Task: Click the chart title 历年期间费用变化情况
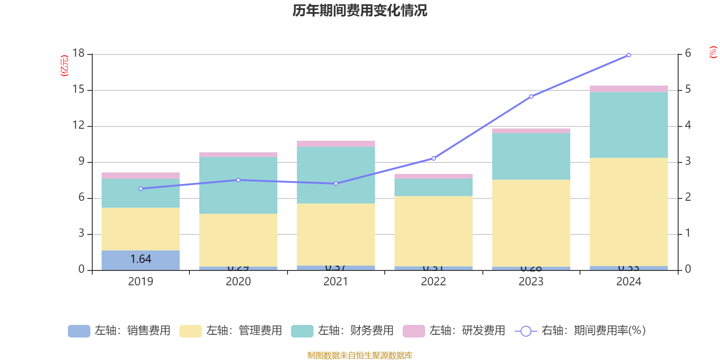360,11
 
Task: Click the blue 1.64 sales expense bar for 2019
140,260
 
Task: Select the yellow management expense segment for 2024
629,211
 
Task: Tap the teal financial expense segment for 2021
336,175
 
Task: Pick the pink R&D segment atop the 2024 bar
629,89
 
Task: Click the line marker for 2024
629,55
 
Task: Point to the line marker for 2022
433,158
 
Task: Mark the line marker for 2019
141,189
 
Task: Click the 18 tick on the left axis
78,54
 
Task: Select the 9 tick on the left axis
81,162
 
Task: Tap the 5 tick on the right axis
688,90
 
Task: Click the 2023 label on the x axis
531,282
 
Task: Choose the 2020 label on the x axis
238,282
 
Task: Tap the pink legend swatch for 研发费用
414,331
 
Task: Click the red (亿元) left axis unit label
64,66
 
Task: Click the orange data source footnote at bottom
360,355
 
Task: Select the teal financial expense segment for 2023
531,156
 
